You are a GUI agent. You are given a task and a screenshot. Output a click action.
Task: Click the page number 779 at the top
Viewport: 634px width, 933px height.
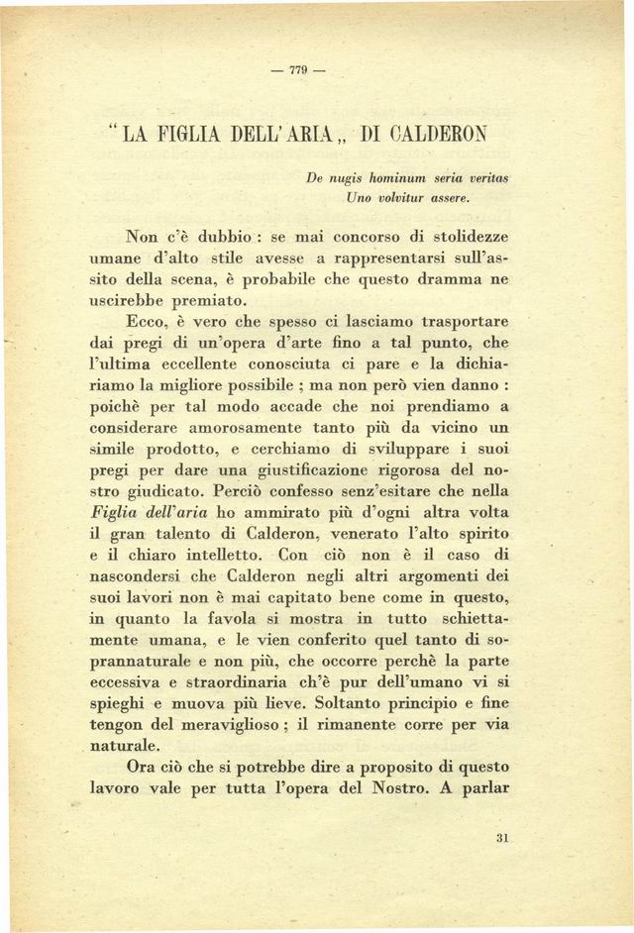click(x=296, y=70)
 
